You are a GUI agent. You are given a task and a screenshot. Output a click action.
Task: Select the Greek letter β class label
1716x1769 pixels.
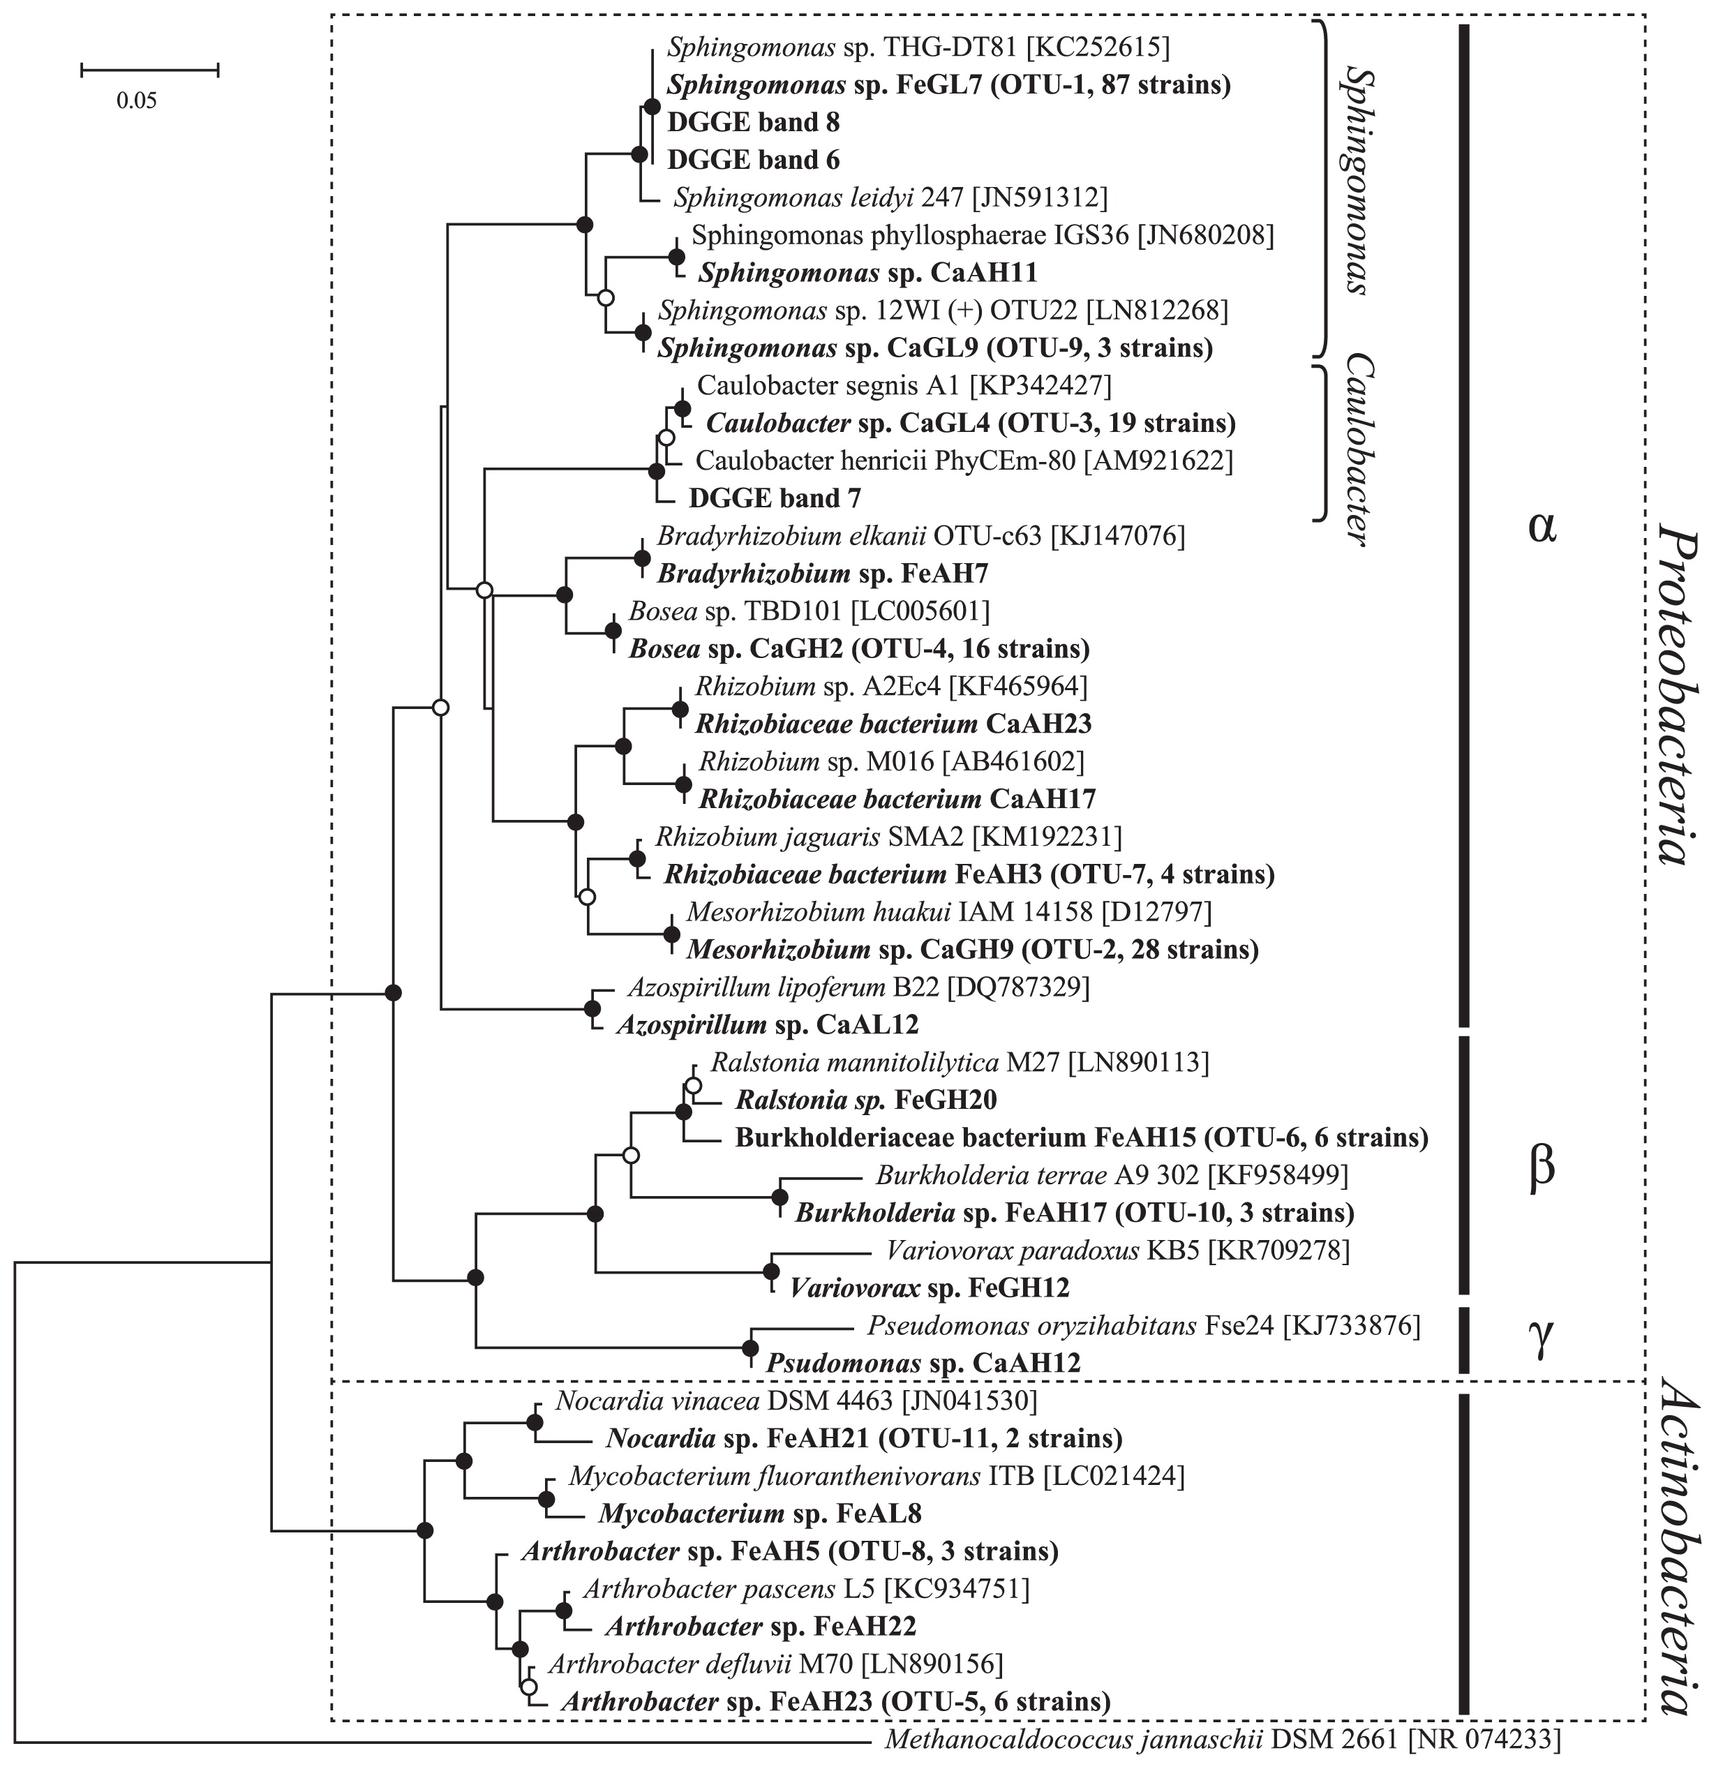1542,1170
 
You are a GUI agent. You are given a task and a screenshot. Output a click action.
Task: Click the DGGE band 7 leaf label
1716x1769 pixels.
775,498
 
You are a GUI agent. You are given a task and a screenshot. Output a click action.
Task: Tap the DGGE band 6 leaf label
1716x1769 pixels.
754,160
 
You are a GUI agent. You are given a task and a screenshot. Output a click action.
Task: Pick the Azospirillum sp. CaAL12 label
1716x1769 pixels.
768,1025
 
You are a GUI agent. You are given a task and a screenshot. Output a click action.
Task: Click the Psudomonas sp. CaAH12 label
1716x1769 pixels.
923,1363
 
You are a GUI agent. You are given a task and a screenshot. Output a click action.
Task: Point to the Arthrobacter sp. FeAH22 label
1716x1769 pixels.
761,1627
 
